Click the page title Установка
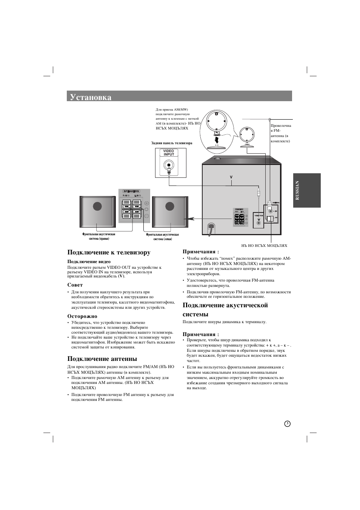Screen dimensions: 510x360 (91, 97)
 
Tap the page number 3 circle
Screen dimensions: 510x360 (287, 424)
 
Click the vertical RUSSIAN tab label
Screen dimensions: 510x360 (297, 190)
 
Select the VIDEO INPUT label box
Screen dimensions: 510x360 (169, 153)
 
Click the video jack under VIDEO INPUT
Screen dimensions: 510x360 (169, 165)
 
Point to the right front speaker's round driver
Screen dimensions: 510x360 (97, 206)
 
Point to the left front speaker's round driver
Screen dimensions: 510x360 (170, 206)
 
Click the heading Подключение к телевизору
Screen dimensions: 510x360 (109, 252)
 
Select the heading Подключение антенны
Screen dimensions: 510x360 (102, 359)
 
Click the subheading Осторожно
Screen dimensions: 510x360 (82, 316)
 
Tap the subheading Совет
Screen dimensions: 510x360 (75, 285)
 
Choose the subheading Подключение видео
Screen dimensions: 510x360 (89, 262)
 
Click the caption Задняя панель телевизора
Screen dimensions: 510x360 (172, 143)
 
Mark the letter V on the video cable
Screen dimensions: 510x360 (231, 177)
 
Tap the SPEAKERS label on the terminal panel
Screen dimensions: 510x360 (131, 191)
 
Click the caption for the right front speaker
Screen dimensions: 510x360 (99, 236)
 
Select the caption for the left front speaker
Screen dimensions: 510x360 (162, 237)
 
